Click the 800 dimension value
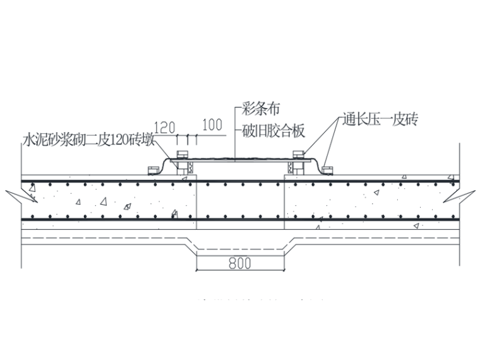(241, 264)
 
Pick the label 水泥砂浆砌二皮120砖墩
(88, 139)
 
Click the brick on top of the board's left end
(183, 154)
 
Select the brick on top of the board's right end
(299, 154)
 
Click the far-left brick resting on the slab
(152, 169)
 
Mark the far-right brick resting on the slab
(327, 169)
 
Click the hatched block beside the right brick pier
(292, 168)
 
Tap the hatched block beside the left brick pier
(190, 168)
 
